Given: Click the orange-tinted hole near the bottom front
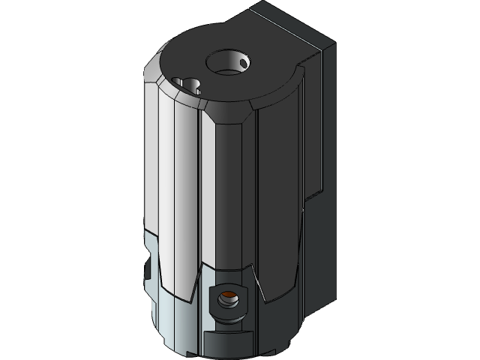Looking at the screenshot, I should tap(226, 301).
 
